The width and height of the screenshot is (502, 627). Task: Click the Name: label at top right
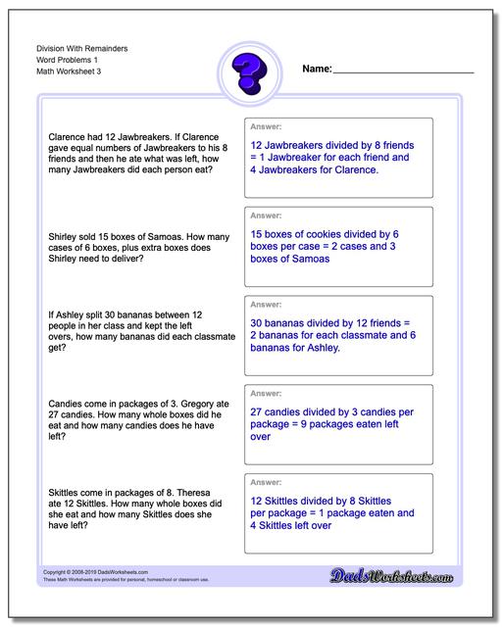pyautogui.click(x=317, y=70)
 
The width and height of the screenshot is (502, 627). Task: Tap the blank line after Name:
pyautogui.click(x=404, y=72)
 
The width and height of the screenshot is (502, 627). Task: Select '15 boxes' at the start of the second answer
pyautogui.click(x=276, y=235)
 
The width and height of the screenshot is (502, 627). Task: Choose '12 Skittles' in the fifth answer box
pyautogui.click(x=282, y=500)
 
